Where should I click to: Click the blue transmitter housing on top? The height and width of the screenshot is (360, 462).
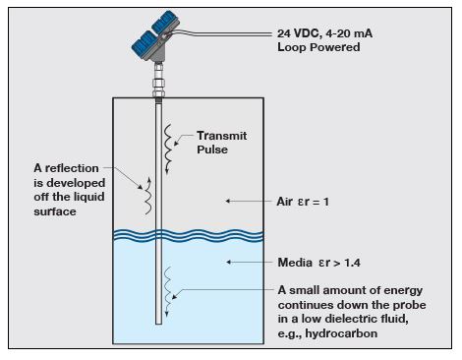(155, 36)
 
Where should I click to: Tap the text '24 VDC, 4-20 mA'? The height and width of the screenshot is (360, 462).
(324, 33)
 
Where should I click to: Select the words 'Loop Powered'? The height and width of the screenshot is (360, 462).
(318, 47)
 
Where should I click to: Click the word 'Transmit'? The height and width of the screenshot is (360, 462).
(222, 136)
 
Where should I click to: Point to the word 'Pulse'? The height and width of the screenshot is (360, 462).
(212, 150)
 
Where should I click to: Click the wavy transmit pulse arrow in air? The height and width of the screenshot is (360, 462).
(168, 150)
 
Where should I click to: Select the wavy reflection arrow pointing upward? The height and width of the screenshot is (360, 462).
(148, 196)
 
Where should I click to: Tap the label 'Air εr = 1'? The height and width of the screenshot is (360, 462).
(303, 202)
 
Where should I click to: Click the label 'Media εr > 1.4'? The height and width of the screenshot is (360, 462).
(318, 263)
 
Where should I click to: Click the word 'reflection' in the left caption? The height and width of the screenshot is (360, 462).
(72, 168)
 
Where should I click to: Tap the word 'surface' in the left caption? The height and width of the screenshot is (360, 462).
(55, 211)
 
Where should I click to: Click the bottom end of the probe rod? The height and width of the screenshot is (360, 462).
(158, 324)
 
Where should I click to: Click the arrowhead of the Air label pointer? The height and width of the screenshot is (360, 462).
(228, 201)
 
